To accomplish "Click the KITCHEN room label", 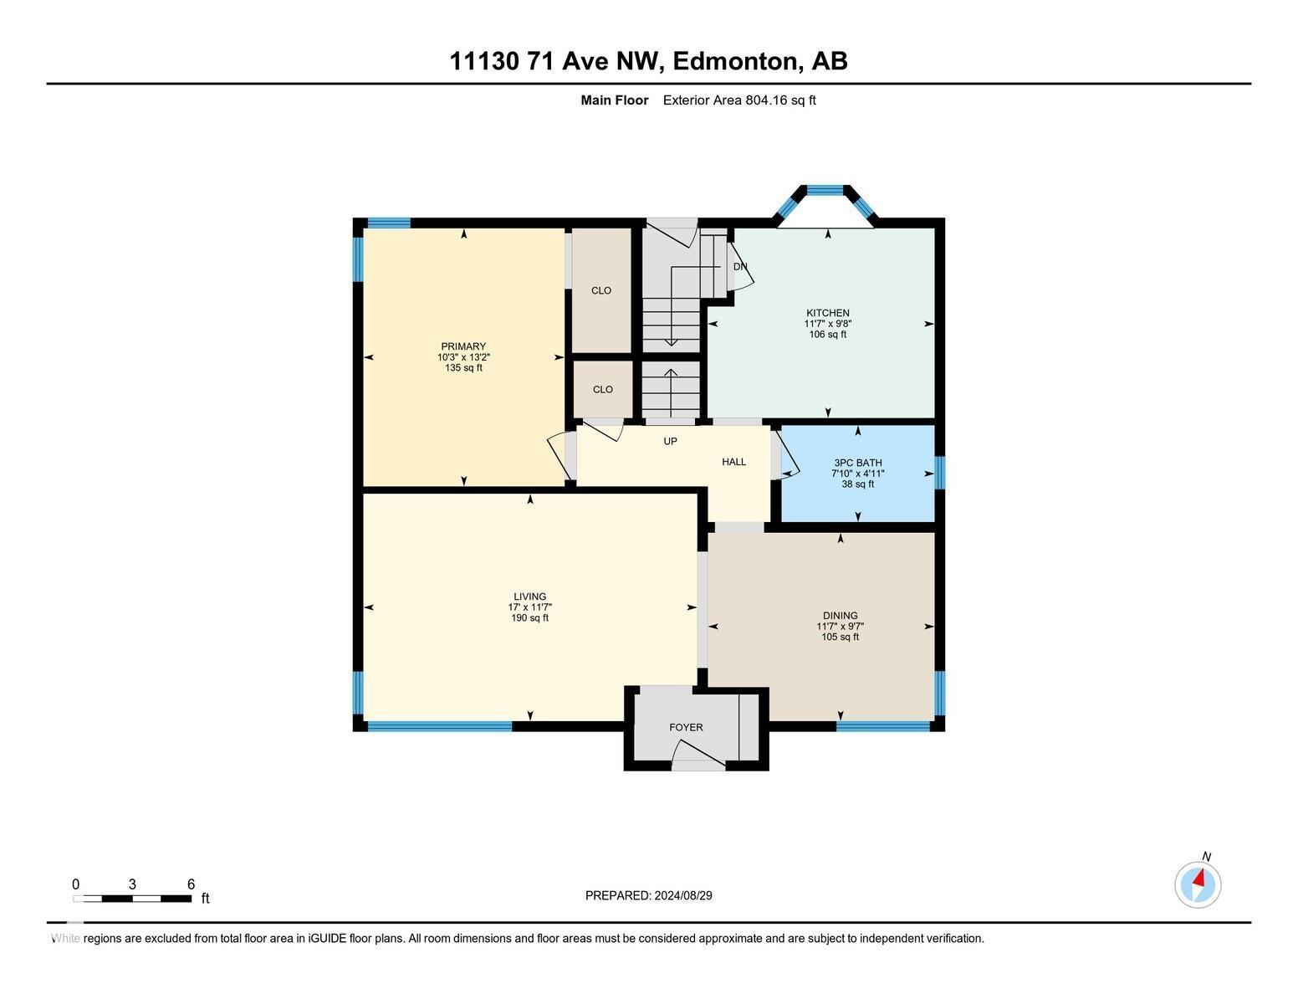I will (827, 313).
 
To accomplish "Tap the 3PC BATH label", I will (857, 463).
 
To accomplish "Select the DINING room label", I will (840, 616).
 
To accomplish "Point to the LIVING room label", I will (529, 597).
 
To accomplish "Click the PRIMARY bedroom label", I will (463, 346).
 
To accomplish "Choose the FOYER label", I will (686, 727).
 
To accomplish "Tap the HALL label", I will (733, 462).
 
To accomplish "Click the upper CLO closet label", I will (600, 290).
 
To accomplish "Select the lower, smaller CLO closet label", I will (602, 389).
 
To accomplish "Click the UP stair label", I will (670, 441).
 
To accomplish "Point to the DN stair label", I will (740, 267).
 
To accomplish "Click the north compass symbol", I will (1198, 884).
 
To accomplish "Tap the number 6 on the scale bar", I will (191, 884).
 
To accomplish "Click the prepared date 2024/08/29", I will (683, 895).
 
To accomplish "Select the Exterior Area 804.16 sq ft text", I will (738, 100).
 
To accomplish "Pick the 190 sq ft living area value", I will (529, 618).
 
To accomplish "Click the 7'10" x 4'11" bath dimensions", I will (857, 474).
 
